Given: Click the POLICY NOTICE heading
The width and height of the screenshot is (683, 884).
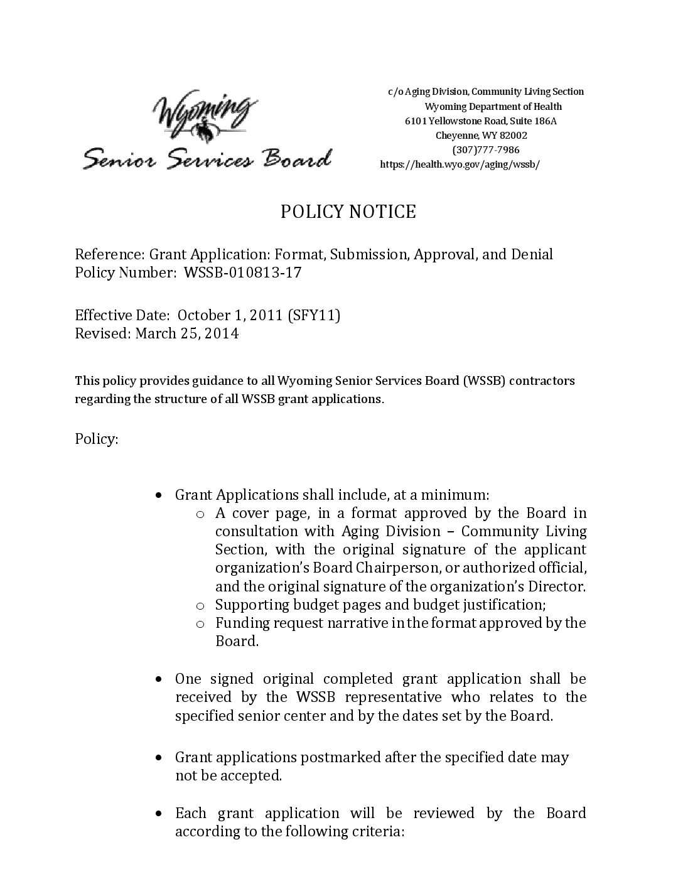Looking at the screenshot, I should [x=348, y=212].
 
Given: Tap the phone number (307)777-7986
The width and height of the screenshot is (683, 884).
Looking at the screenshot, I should [x=485, y=150].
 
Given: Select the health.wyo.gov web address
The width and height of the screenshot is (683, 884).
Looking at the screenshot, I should [x=460, y=164].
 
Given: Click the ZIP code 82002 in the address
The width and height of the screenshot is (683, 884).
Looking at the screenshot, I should [x=514, y=136].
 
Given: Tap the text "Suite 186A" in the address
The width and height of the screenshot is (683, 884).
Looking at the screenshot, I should [x=534, y=121].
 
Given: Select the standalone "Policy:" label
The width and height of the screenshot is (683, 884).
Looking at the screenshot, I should [x=97, y=438].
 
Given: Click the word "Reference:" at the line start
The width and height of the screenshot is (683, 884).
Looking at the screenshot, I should [x=109, y=254].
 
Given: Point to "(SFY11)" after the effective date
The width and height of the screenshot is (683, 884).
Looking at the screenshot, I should [x=314, y=315].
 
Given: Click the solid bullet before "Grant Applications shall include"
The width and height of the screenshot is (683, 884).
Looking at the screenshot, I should [x=161, y=495].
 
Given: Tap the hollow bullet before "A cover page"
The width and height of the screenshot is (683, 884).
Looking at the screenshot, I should [x=200, y=514].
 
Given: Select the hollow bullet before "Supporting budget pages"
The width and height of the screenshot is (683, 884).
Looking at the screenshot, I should [x=200, y=606].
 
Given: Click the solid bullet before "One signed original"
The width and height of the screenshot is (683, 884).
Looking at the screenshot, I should [x=161, y=679].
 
